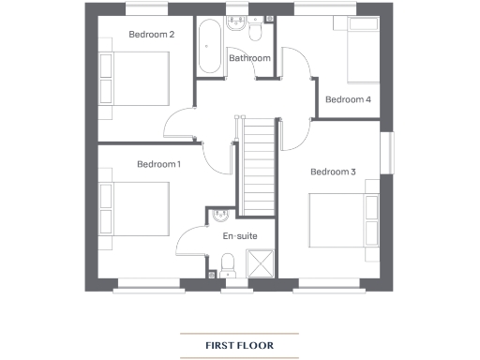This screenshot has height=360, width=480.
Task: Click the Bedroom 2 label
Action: point(151,36)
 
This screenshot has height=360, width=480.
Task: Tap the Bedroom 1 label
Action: point(158,164)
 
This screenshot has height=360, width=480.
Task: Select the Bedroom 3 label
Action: point(333,172)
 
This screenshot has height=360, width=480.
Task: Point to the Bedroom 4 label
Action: point(348,99)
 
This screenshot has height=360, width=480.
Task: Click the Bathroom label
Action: point(249,58)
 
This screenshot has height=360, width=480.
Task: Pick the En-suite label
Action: point(239,236)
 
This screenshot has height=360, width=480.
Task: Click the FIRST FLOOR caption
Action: point(240,346)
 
